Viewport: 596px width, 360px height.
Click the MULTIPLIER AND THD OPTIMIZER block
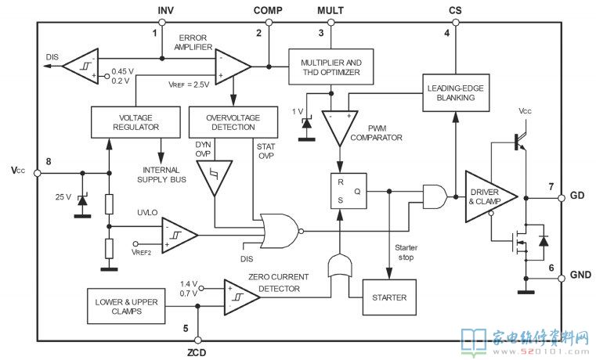coord(331,67)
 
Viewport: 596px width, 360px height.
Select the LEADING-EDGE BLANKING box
coord(456,92)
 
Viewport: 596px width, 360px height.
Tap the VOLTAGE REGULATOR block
coord(135,122)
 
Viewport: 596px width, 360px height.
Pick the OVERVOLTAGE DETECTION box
coord(233,122)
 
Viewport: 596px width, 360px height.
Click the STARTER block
coord(389,297)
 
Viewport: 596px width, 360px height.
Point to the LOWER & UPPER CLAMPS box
coord(126,306)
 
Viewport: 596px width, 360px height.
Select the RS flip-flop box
coord(349,191)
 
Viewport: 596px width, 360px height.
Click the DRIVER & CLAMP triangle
coord(491,196)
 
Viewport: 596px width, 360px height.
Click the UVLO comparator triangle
coord(179,235)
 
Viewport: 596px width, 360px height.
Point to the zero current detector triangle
coord(242,297)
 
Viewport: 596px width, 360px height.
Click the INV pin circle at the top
coord(162,23)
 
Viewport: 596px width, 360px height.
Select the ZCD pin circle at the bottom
coord(197,340)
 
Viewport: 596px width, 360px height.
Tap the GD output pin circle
coord(562,198)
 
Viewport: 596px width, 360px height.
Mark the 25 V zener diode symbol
coord(82,200)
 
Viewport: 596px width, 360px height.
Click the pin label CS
coord(455,10)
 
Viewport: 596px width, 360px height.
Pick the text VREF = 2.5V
coord(189,85)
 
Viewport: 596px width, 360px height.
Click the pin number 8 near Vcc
coord(49,162)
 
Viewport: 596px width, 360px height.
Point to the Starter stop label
coord(406,253)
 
